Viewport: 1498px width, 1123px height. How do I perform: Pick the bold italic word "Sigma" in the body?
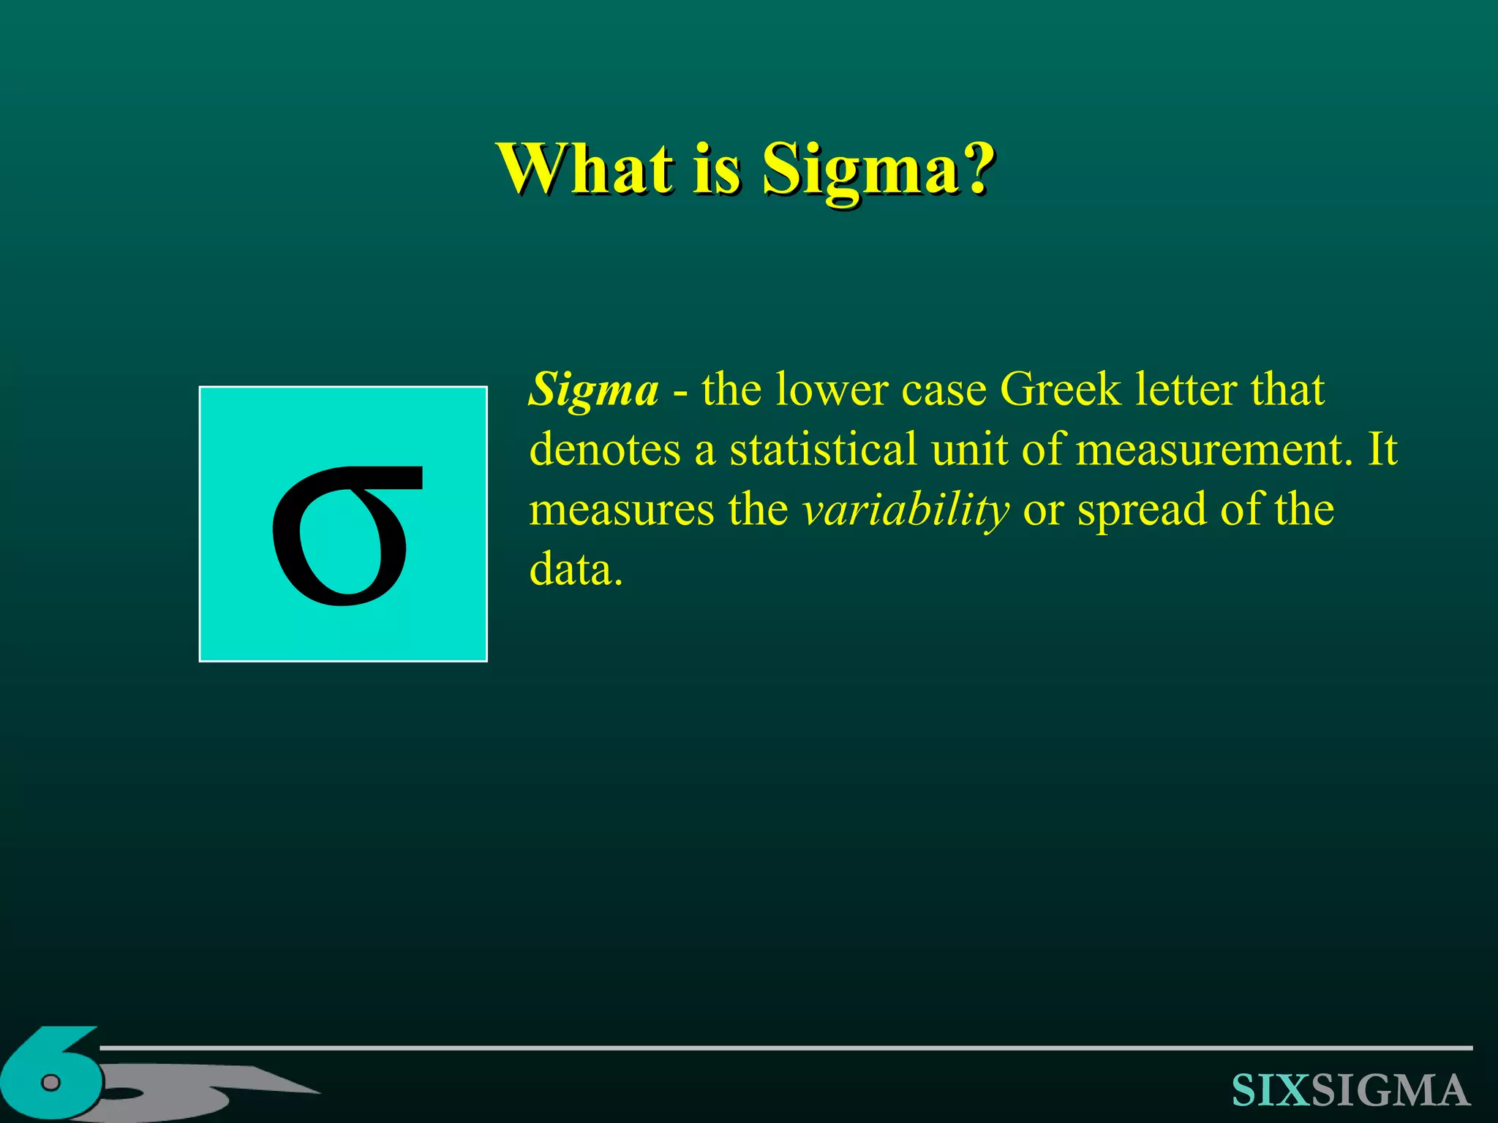coord(593,390)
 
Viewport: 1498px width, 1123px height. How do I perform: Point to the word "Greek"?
coord(1059,389)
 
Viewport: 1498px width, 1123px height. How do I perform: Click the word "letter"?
coord(1186,389)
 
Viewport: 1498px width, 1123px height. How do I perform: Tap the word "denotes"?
coord(605,449)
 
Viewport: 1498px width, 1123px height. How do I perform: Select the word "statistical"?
coord(822,449)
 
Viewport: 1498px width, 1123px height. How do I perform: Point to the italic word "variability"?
coord(906,510)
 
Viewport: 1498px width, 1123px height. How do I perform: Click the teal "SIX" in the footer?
coord(1271,1091)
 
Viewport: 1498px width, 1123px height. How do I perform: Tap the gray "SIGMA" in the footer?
coord(1390,1091)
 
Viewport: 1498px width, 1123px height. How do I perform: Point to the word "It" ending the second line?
coord(1382,449)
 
